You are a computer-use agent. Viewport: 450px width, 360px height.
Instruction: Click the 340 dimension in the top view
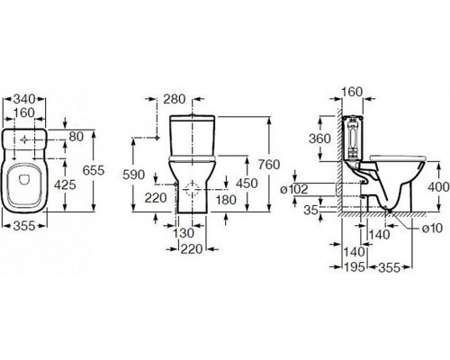(24, 99)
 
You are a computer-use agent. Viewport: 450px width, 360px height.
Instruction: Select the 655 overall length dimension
(94, 170)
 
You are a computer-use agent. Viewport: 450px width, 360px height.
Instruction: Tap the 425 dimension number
(65, 184)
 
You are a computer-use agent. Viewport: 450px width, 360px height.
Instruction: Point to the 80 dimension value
(76, 137)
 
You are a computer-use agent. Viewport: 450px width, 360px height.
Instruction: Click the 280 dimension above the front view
(175, 99)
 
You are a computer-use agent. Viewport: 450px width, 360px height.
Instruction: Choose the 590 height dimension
(134, 175)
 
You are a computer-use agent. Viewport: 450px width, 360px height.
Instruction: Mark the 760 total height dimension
(269, 165)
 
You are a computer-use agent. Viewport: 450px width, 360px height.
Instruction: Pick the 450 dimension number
(247, 184)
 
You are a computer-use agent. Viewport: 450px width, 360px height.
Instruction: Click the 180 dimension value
(226, 200)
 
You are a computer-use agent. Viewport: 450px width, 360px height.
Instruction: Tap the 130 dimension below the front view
(184, 233)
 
